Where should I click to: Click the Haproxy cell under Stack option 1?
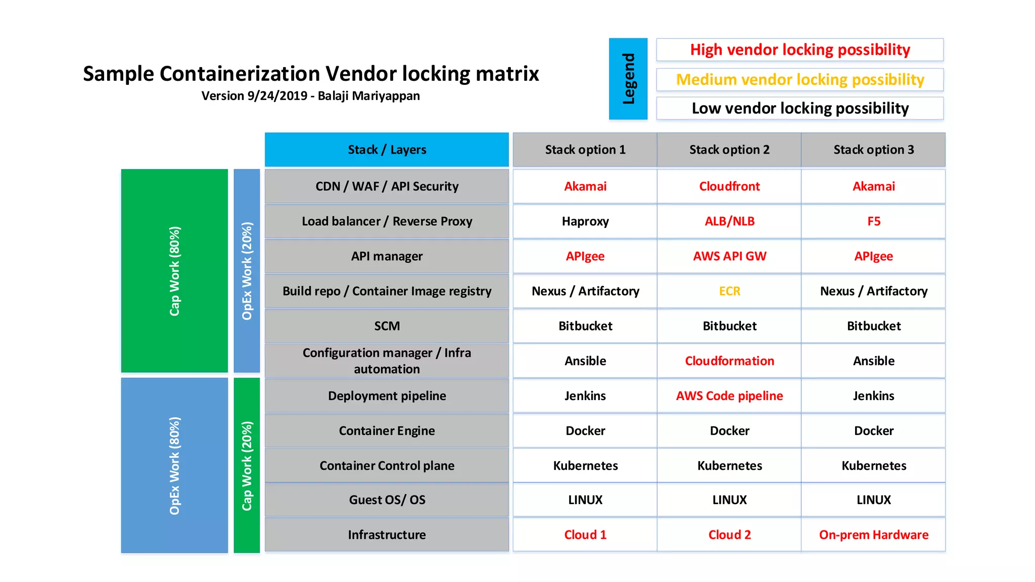tap(585, 221)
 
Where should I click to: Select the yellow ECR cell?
tap(729, 291)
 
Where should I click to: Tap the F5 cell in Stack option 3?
tap(873, 221)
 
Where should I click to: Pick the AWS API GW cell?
tap(729, 256)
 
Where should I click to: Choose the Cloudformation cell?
tap(729, 361)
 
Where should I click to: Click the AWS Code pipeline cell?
tap(729, 396)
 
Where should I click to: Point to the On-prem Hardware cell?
tap(873, 535)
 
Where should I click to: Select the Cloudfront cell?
tap(729, 186)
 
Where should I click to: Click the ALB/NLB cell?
tap(729, 221)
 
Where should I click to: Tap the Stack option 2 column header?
tap(729, 150)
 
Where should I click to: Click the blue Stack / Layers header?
tap(387, 150)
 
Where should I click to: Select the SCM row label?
tap(387, 326)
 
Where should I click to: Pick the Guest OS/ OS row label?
tap(387, 500)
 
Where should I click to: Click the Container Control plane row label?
tap(387, 465)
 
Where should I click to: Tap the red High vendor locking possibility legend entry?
tap(799, 50)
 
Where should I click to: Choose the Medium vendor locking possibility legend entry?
tap(799, 79)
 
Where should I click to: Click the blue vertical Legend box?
tap(628, 79)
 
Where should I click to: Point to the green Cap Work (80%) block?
tap(174, 271)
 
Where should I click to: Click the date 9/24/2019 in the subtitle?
tap(277, 96)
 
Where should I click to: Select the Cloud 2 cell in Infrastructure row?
tap(729, 535)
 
